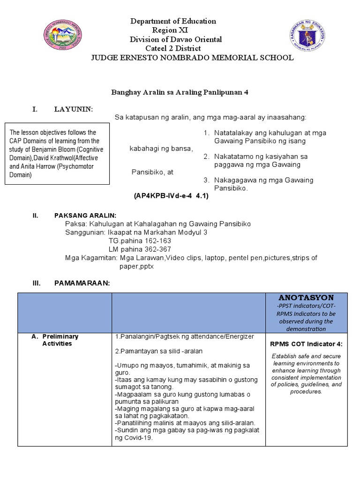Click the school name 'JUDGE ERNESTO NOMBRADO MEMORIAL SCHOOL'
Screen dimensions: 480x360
pos(192,58)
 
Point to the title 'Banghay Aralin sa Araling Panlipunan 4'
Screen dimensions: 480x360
pos(179,92)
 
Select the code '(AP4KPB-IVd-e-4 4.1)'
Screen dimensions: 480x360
pos(171,196)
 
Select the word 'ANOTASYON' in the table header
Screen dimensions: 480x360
pos(306,298)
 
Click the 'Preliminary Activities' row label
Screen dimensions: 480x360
pos(60,340)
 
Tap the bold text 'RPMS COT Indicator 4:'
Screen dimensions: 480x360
pos(306,344)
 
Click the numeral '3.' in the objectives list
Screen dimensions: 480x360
pos(206,180)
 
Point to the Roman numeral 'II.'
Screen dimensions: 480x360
pos(35,216)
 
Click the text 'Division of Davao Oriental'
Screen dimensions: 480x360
pos(176,39)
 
